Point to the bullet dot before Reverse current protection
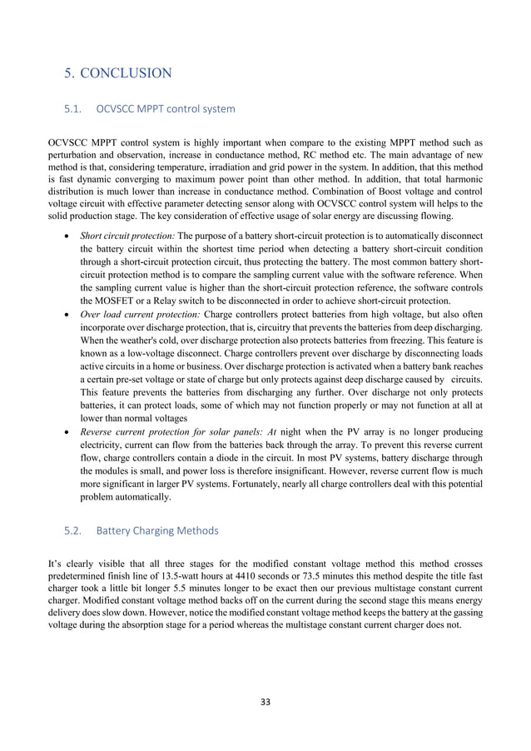[67, 434]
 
